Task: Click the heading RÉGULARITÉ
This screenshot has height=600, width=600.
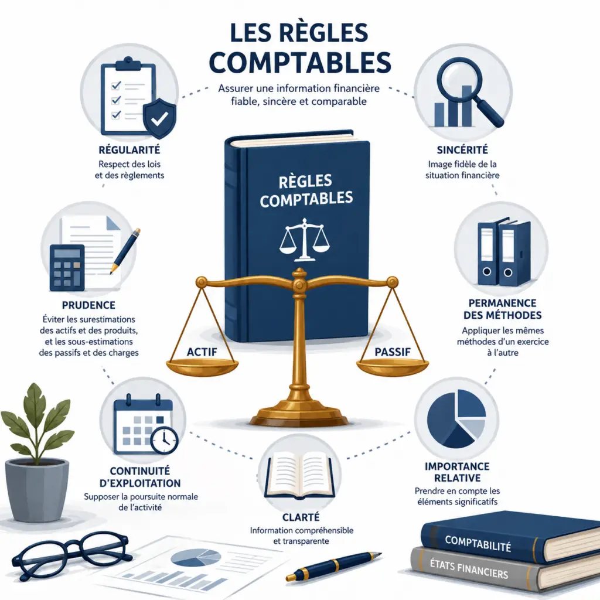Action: click(x=129, y=149)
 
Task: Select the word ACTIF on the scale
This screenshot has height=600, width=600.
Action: click(x=202, y=352)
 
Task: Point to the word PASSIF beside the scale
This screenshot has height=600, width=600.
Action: click(x=393, y=352)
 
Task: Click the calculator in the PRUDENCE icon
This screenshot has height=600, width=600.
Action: click(x=67, y=267)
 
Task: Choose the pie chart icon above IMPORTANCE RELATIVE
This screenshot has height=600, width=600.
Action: click(x=456, y=418)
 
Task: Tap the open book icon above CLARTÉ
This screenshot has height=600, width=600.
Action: click(x=301, y=473)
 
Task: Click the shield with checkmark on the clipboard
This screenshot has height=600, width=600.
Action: click(x=159, y=118)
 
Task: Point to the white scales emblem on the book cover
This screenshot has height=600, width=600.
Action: click(x=304, y=240)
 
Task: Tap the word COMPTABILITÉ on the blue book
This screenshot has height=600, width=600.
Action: click(x=478, y=543)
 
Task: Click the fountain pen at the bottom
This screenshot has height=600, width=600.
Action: click(x=333, y=566)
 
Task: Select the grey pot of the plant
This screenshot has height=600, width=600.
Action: click(x=37, y=489)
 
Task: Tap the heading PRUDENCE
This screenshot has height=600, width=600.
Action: click(x=88, y=305)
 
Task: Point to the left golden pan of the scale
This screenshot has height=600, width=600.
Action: click(x=202, y=367)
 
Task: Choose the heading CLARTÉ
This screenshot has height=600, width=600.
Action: click(x=301, y=517)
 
